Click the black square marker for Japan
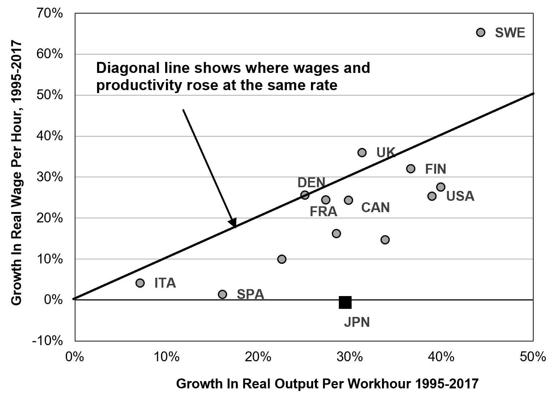(345, 302)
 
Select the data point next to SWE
(481, 33)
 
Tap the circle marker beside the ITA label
(140, 283)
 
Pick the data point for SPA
(223, 294)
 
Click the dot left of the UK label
(362, 152)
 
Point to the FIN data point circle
(411, 169)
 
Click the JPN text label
(357, 322)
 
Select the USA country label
(460, 196)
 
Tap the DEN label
(311, 182)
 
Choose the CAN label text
(375, 208)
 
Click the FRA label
(323, 212)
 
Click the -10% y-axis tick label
(47, 340)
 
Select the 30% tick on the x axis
(349, 357)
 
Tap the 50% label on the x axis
(533, 357)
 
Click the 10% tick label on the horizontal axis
(167, 357)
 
